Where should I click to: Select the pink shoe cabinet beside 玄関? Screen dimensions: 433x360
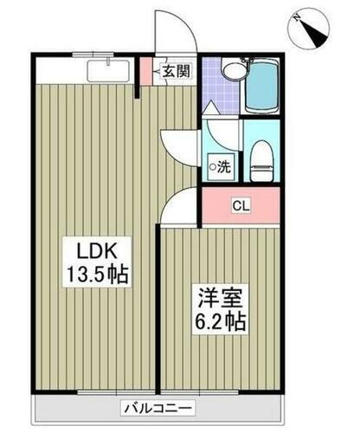coord(146,73)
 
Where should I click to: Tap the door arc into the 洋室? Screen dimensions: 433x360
coord(182,208)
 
